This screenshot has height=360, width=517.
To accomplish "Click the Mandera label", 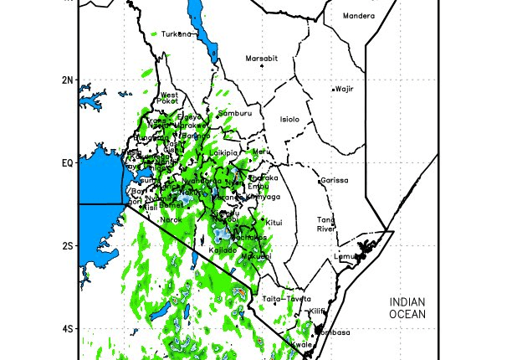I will (359, 16).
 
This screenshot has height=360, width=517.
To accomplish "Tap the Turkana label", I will (177, 34).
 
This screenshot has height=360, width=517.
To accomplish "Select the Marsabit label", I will (260, 59).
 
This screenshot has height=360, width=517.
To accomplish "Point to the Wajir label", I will (345, 88).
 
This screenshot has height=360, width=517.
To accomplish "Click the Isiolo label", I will (289, 119).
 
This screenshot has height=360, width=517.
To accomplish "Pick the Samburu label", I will (234, 113).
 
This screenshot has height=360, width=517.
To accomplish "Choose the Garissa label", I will (335, 180).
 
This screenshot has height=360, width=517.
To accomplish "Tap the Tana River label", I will (325, 224).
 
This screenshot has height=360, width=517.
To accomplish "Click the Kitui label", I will (275, 222).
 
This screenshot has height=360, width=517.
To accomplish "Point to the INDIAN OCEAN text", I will (407, 307).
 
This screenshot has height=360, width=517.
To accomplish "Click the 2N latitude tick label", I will (68, 80).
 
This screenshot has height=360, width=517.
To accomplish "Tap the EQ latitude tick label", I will (68, 162).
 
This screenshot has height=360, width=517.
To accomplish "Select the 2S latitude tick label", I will (68, 245).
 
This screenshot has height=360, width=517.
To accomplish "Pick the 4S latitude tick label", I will (68, 328).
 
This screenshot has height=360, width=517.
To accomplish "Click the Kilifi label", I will (316, 311).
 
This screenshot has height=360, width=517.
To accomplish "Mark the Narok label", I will (171, 219).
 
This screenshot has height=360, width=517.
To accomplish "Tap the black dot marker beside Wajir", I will (333, 89).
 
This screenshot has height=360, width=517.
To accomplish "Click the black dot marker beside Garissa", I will (320, 180).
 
